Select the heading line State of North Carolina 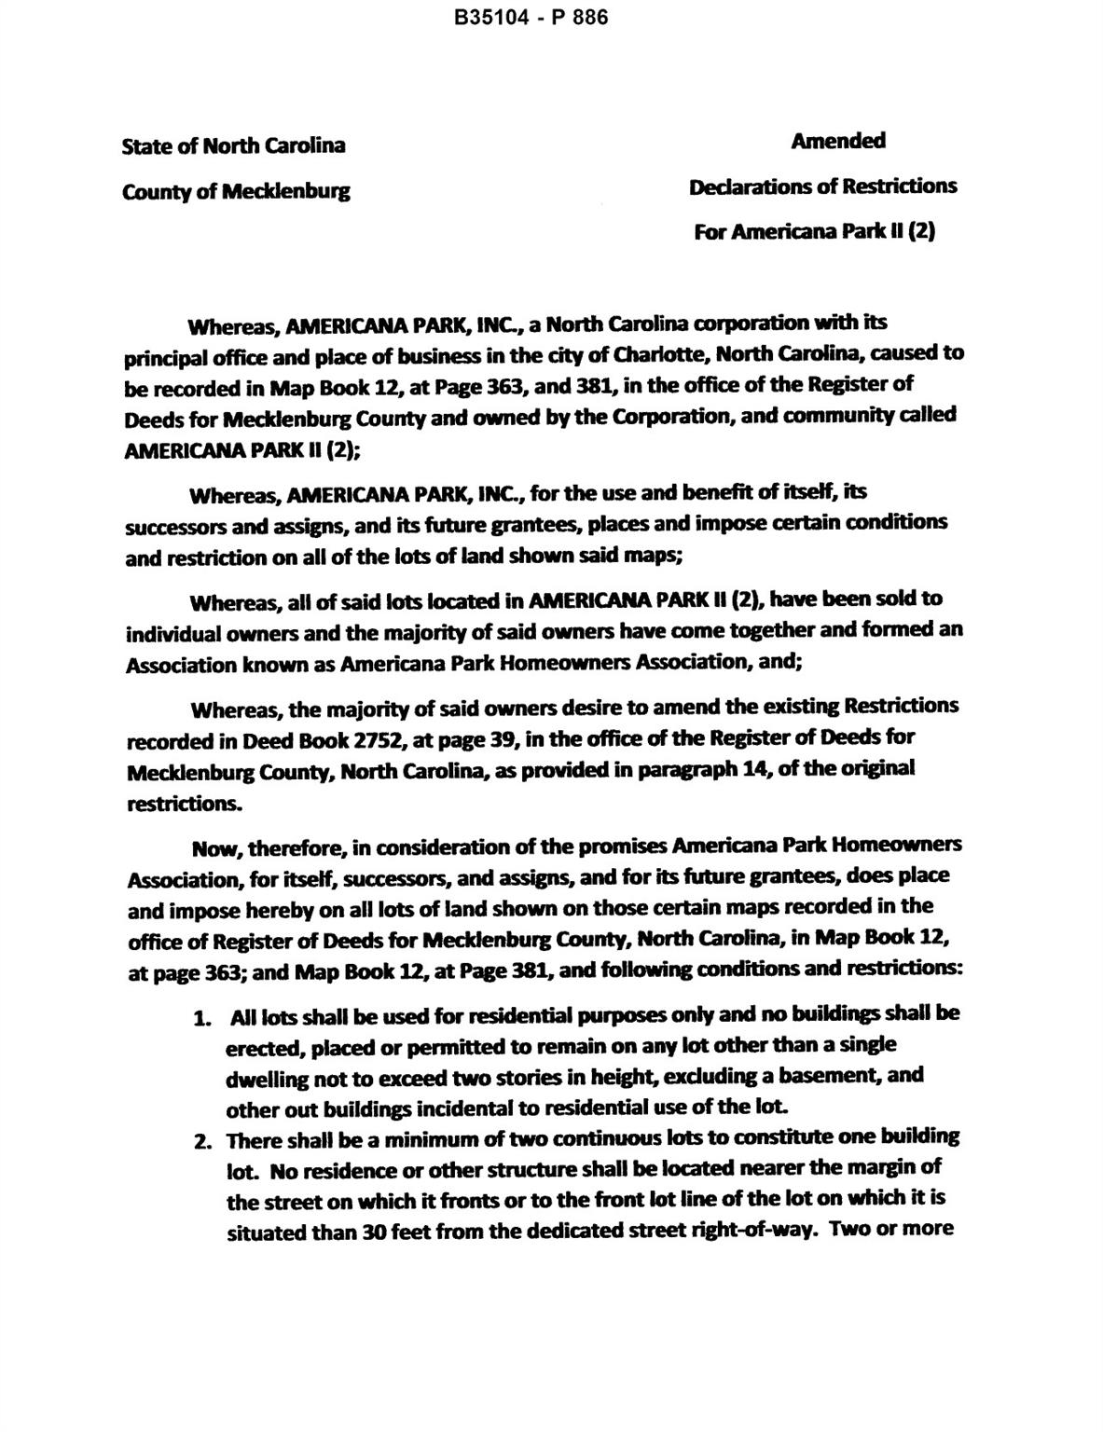coord(233,145)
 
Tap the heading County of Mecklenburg coord(236,191)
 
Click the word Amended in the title coord(838,141)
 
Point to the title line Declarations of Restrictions coord(822,186)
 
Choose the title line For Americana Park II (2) coord(814,231)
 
